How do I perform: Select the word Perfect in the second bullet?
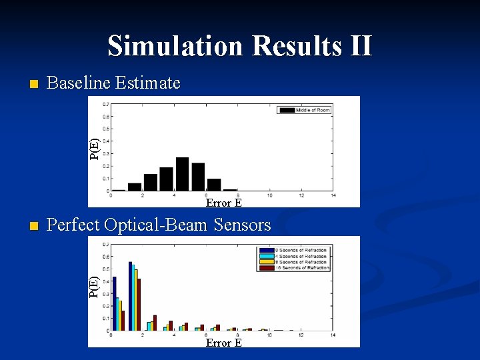pos(73,225)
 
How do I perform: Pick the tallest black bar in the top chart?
pos(182,174)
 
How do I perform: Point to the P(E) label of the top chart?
pos(95,148)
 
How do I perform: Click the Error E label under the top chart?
pos(223,203)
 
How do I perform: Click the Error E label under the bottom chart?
pos(223,343)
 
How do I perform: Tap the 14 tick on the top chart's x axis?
pos(333,195)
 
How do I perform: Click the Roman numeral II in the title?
pos(358,46)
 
